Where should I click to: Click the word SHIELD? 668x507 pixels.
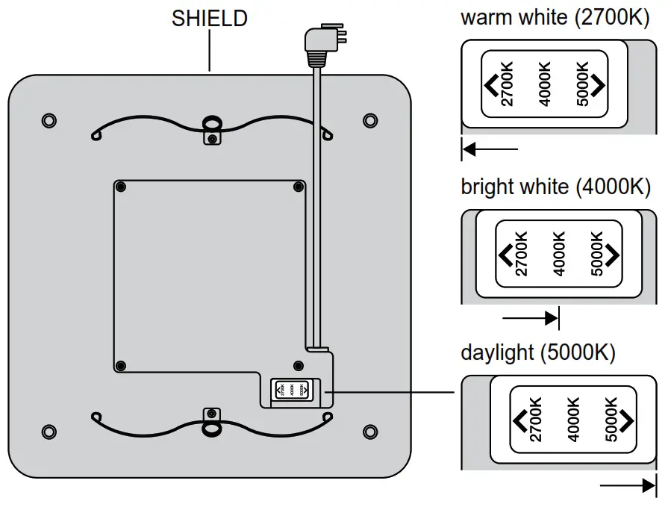pos(210,18)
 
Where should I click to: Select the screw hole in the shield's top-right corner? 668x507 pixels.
pos(369,119)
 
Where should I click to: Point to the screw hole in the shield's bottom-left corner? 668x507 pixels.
pos(49,431)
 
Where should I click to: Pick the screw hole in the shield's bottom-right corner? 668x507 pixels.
pos(369,431)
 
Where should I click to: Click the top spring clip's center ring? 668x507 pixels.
pos(211,123)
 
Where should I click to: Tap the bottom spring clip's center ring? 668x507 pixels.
pos(211,426)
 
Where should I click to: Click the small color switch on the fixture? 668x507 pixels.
pos(292,390)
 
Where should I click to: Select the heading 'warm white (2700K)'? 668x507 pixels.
pos(555,18)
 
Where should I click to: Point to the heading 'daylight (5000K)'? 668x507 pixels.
pos(538,352)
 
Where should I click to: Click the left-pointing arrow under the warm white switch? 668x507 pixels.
pos(489,150)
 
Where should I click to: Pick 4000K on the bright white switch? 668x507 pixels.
pos(560,255)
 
